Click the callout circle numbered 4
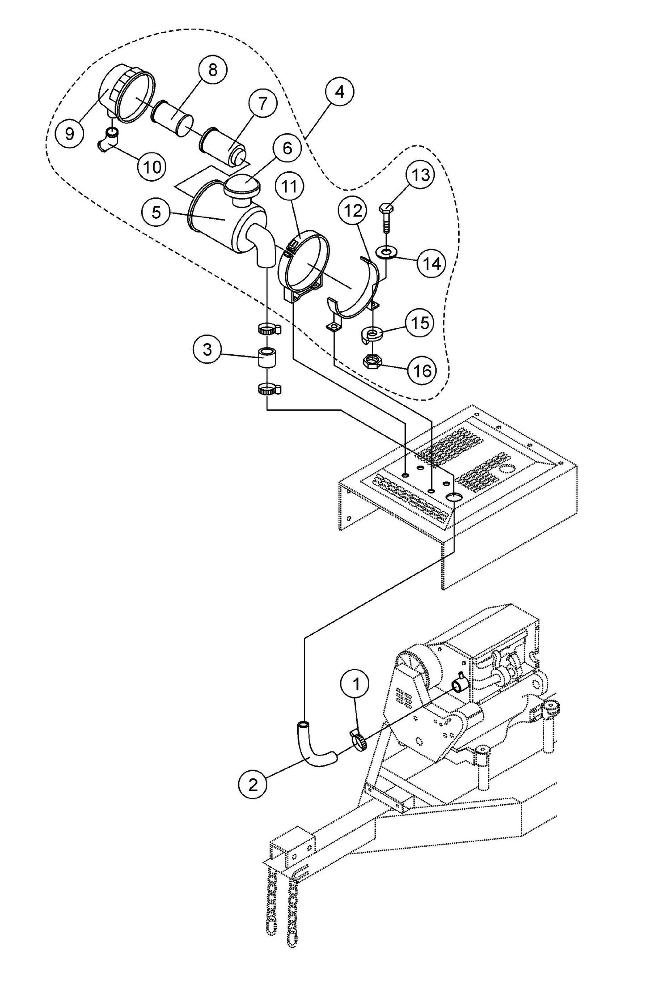(339, 91)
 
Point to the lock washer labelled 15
(371, 334)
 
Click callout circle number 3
(207, 349)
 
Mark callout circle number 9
(69, 134)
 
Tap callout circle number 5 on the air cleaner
(156, 212)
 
